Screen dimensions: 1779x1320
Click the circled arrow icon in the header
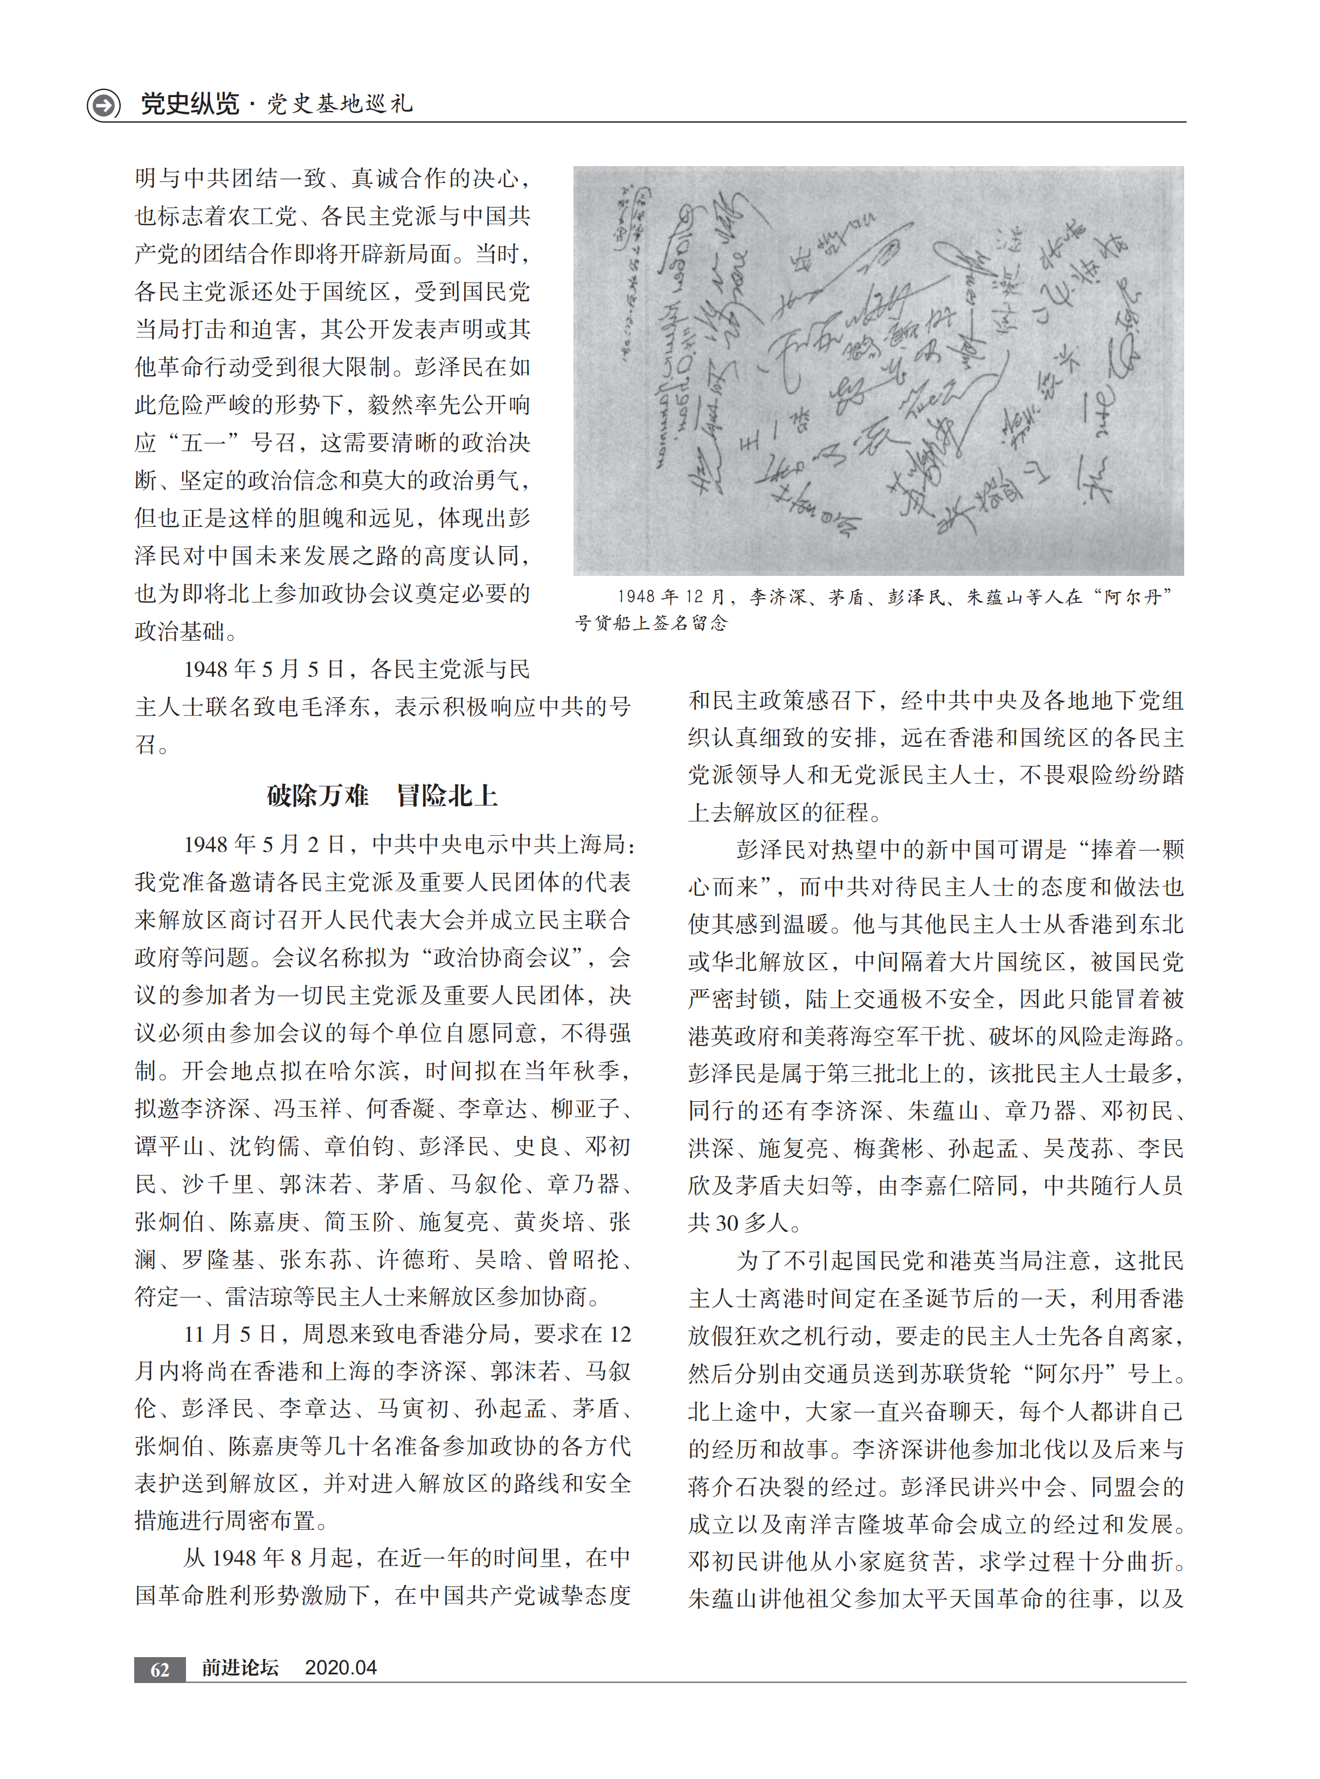click(x=103, y=105)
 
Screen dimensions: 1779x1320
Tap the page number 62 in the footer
click(x=160, y=1668)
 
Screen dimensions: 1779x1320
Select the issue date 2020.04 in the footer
click(x=341, y=1667)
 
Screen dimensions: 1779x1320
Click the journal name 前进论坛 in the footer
click(x=240, y=1667)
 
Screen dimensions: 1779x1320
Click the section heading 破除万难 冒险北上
click(x=382, y=795)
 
